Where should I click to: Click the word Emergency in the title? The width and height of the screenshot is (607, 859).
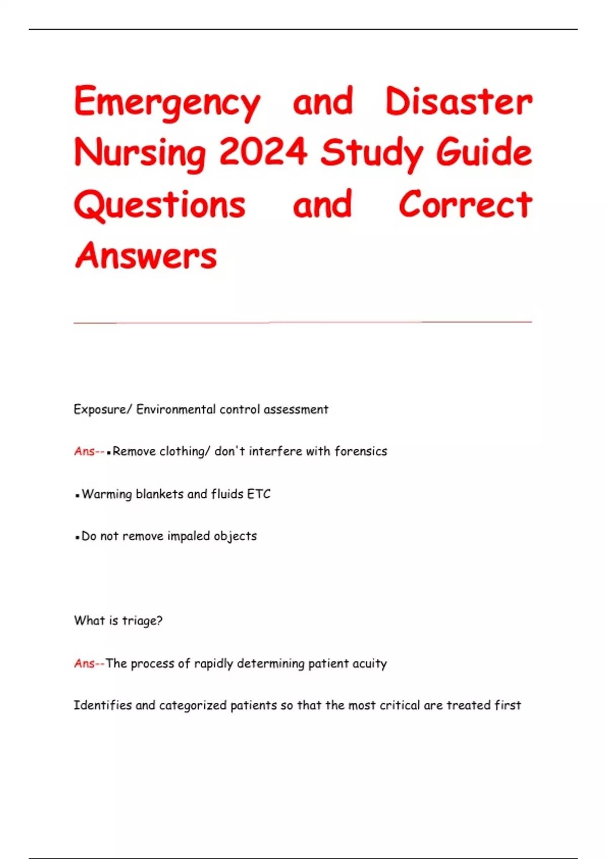[167, 103]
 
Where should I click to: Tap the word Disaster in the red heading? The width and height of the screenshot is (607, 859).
[458, 102]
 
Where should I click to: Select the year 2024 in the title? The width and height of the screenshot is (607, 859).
[263, 152]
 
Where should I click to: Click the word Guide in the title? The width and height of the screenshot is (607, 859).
[484, 152]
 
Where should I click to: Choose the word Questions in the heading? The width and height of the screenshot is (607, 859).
[160, 205]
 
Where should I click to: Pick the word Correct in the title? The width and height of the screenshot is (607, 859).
[465, 205]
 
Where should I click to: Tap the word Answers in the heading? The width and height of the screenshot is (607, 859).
[146, 256]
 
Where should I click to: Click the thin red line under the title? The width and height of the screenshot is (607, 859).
[302, 322]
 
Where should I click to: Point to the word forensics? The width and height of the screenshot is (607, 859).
[361, 451]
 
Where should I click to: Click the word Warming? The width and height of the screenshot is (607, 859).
[107, 494]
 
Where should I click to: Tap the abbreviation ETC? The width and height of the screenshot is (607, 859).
[258, 494]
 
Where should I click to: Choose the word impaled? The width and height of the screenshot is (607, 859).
[189, 536]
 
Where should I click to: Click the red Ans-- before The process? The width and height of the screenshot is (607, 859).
[89, 663]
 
